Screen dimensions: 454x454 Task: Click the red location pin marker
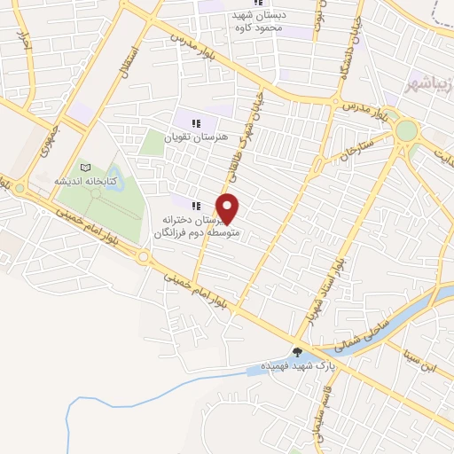(228, 208)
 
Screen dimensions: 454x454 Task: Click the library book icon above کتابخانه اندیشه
(85, 168)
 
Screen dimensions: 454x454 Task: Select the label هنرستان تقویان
(197, 137)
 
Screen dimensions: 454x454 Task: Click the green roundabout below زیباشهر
(407, 130)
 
